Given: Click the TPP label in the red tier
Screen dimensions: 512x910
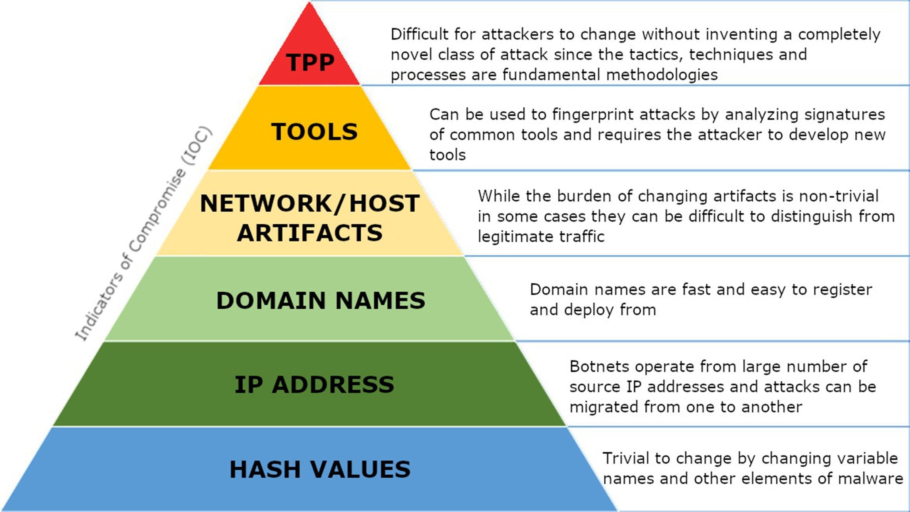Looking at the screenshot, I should coord(310,62).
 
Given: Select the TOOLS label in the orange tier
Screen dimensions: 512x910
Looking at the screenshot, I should coord(314,131).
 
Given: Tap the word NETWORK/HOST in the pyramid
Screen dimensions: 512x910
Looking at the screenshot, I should coord(309,203).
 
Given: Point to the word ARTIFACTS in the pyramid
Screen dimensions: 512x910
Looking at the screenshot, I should coord(309,233).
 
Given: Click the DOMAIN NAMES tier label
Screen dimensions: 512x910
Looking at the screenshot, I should coord(321,301).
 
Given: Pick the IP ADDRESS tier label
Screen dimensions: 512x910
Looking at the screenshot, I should coord(314,384).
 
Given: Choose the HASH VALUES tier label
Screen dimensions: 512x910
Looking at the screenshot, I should coord(320,469).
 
